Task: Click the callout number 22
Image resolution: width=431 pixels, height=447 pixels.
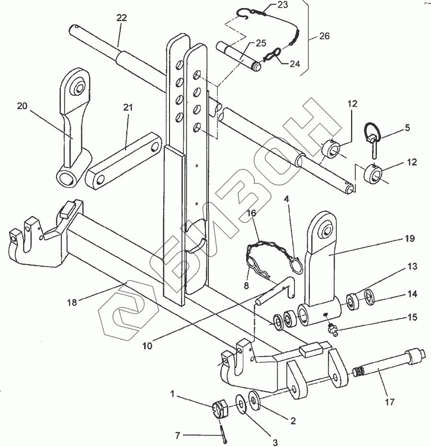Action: pyautogui.click(x=122, y=18)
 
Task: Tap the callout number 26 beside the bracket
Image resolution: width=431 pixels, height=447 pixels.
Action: pyautogui.click(x=324, y=36)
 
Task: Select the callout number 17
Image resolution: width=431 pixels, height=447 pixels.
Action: pyautogui.click(x=389, y=402)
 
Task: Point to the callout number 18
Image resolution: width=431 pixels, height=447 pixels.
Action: pyautogui.click(x=72, y=302)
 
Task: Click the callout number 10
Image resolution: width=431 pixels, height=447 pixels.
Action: pyautogui.click(x=147, y=346)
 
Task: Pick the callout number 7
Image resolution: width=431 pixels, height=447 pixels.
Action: pyautogui.click(x=178, y=436)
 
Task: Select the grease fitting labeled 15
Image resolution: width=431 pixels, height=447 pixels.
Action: pyautogui.click(x=332, y=329)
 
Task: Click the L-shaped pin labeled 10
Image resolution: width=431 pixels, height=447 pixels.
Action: pyautogui.click(x=276, y=291)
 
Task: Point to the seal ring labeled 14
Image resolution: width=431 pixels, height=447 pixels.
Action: pyautogui.click(x=370, y=297)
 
